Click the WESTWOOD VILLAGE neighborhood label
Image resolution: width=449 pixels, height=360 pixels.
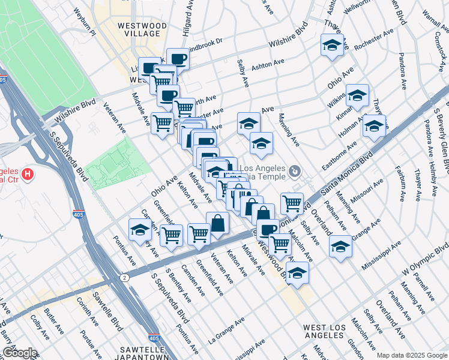pyautogui.click(x=139, y=30)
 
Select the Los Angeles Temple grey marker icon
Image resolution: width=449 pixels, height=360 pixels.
pyautogui.click(x=294, y=172)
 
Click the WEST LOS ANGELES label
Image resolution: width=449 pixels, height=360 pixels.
pyautogui.click(x=324, y=331)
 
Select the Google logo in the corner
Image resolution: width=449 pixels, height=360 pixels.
pyautogui.click(x=19, y=353)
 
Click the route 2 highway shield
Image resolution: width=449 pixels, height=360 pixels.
pyautogui.click(x=124, y=277)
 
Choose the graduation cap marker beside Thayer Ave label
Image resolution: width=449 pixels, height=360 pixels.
pyautogui.click(x=331, y=46)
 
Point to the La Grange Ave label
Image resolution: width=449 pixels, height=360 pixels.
pyautogui.click(x=227, y=331)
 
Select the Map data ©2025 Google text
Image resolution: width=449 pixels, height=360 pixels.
pyautogui.click(x=411, y=355)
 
